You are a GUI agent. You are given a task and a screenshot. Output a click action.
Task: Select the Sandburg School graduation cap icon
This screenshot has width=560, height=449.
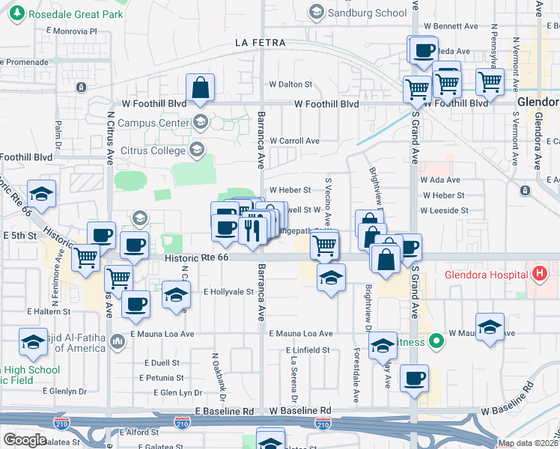tap(317, 12)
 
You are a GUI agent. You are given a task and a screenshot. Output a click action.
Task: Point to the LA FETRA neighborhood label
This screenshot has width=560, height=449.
tap(258, 43)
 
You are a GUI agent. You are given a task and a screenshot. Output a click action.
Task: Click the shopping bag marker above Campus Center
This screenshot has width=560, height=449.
tap(201, 88)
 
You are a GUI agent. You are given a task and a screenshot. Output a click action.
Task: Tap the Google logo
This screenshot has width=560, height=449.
tap(25, 439)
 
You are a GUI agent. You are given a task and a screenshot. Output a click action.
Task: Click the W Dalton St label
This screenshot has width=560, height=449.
tap(291, 85)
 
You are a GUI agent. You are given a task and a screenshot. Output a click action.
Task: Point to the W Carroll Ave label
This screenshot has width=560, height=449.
tap(294, 141)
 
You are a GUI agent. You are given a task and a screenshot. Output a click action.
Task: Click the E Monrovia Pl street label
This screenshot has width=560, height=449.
tap(72, 31)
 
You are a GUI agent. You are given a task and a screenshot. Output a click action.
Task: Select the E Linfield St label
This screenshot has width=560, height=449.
tap(308, 350)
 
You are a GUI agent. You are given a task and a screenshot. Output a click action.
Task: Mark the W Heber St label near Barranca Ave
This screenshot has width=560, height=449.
tap(290, 191)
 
